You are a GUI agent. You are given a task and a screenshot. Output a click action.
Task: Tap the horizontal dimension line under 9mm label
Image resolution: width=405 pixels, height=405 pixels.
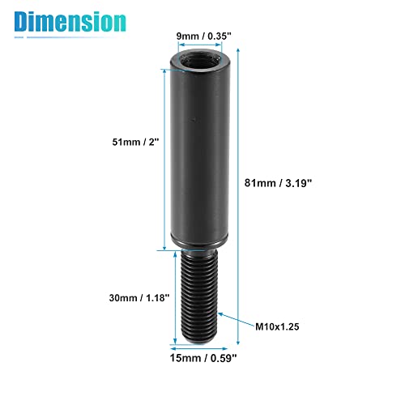pyautogui.click(x=202, y=45)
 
